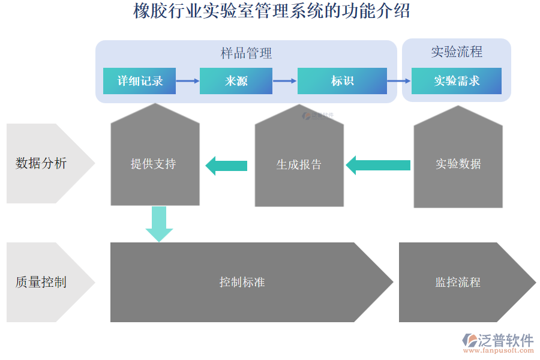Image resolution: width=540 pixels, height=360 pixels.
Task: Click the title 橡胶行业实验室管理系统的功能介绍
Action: pyautogui.click(x=271, y=11)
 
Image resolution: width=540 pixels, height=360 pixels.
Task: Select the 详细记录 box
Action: pyautogui.click(x=139, y=81)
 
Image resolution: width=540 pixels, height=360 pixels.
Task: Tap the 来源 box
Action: pyautogui.click(x=236, y=81)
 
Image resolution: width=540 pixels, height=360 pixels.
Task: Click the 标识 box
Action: pyautogui.click(x=342, y=81)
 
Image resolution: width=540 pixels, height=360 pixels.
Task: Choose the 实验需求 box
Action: pyautogui.click(x=457, y=81)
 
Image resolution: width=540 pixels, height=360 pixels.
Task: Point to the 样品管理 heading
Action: pyautogui.click(x=246, y=53)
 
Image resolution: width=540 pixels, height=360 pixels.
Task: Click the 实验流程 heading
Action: pyautogui.click(x=457, y=52)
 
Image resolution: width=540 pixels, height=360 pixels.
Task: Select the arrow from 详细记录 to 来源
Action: pyautogui.click(x=188, y=81)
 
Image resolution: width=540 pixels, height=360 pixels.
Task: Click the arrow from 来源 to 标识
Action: pyautogui.click(x=285, y=81)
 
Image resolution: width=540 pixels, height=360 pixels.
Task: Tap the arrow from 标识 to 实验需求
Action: pyautogui.click(x=399, y=81)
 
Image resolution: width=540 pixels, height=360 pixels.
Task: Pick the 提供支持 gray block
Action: pyautogui.click(x=155, y=163)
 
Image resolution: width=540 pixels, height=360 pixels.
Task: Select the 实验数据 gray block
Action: pyautogui.click(x=458, y=164)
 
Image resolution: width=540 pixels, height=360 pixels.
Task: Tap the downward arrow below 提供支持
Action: pyautogui.click(x=159, y=223)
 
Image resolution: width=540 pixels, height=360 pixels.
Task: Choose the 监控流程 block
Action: pyautogui.click(x=459, y=282)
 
